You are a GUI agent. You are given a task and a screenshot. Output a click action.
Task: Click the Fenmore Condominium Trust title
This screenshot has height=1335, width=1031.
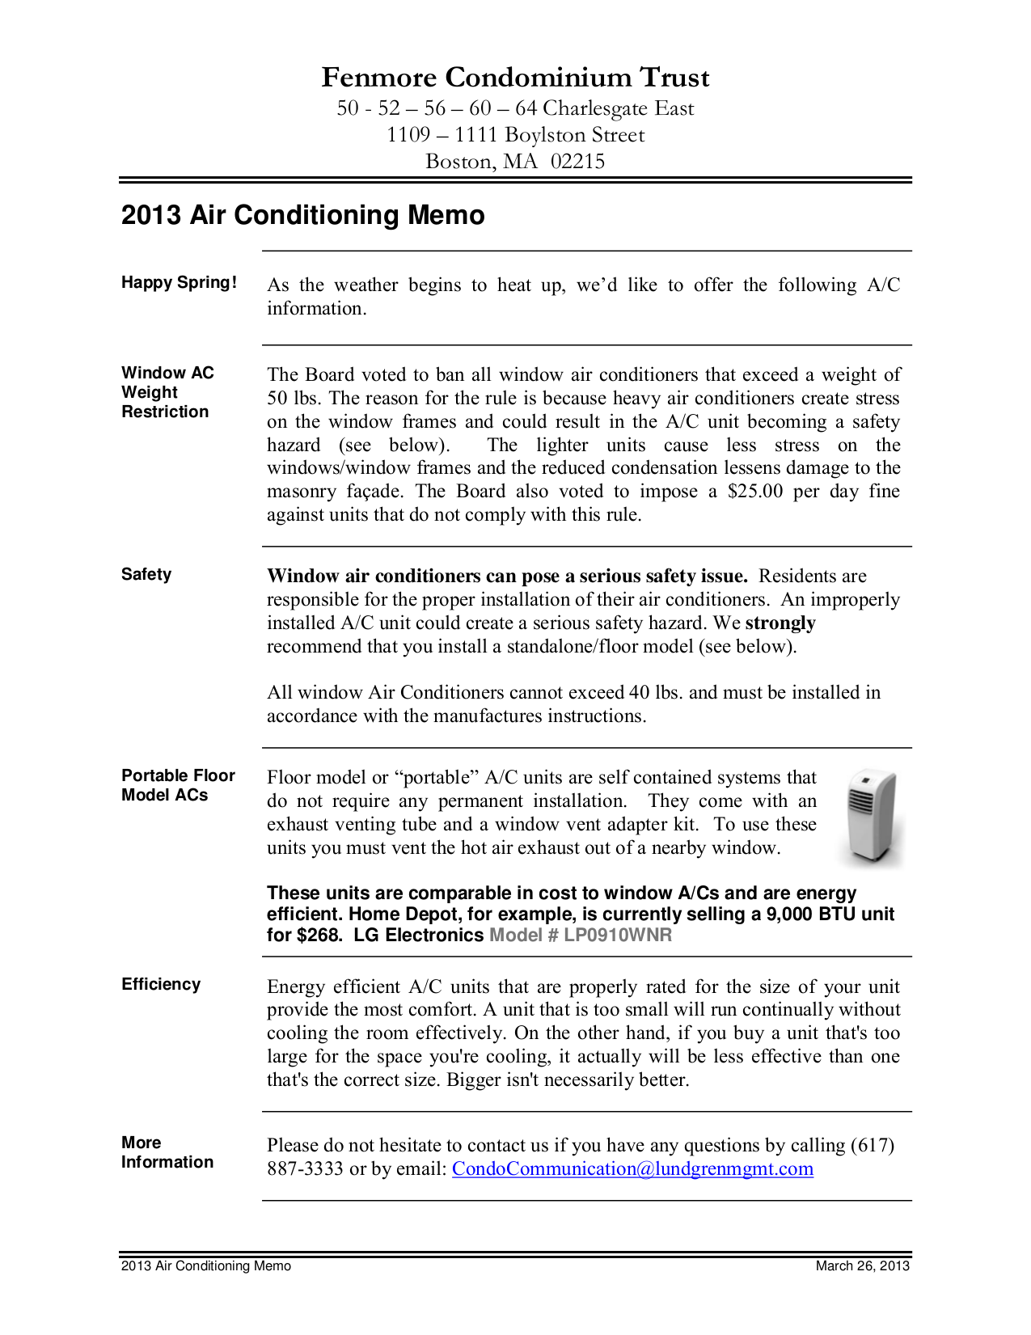coord(515,78)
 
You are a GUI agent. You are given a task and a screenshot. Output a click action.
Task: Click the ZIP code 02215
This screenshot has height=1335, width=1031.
coord(577,162)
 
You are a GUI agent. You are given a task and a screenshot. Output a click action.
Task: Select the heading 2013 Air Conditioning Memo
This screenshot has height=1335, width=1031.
coord(303,215)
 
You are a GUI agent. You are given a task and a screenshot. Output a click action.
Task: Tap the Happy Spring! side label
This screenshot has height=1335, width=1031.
coord(179,282)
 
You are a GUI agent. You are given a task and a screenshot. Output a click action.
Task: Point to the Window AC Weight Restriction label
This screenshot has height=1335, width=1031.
coord(167,392)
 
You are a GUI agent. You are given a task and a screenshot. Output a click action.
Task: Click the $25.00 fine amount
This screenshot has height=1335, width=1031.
coord(754,492)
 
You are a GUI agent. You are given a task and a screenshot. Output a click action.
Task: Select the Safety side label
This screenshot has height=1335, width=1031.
coord(146,574)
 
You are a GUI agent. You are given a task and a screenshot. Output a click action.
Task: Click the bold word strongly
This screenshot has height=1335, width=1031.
coord(780,623)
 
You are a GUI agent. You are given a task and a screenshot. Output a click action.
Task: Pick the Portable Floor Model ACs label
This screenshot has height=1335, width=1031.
coord(178,785)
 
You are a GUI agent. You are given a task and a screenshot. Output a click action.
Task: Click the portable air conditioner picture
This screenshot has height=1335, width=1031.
coord(872,817)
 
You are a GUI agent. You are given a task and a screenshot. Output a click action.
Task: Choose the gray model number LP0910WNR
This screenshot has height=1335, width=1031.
coord(618,936)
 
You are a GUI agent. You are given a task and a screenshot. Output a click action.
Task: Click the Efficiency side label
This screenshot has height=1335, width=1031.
coord(161,984)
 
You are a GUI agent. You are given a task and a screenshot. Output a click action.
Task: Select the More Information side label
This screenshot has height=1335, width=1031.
coord(167,1152)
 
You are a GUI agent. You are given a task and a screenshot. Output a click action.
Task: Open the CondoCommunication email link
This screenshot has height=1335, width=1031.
coord(632,1169)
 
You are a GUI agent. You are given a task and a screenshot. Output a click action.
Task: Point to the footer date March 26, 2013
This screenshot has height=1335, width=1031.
coord(862,1266)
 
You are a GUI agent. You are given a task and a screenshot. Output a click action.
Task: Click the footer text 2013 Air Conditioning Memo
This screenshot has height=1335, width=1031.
coord(206,1266)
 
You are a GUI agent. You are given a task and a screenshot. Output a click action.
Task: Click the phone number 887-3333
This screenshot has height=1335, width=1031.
coord(305,1169)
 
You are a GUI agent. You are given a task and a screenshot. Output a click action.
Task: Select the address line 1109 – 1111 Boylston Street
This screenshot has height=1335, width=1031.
coord(515,135)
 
